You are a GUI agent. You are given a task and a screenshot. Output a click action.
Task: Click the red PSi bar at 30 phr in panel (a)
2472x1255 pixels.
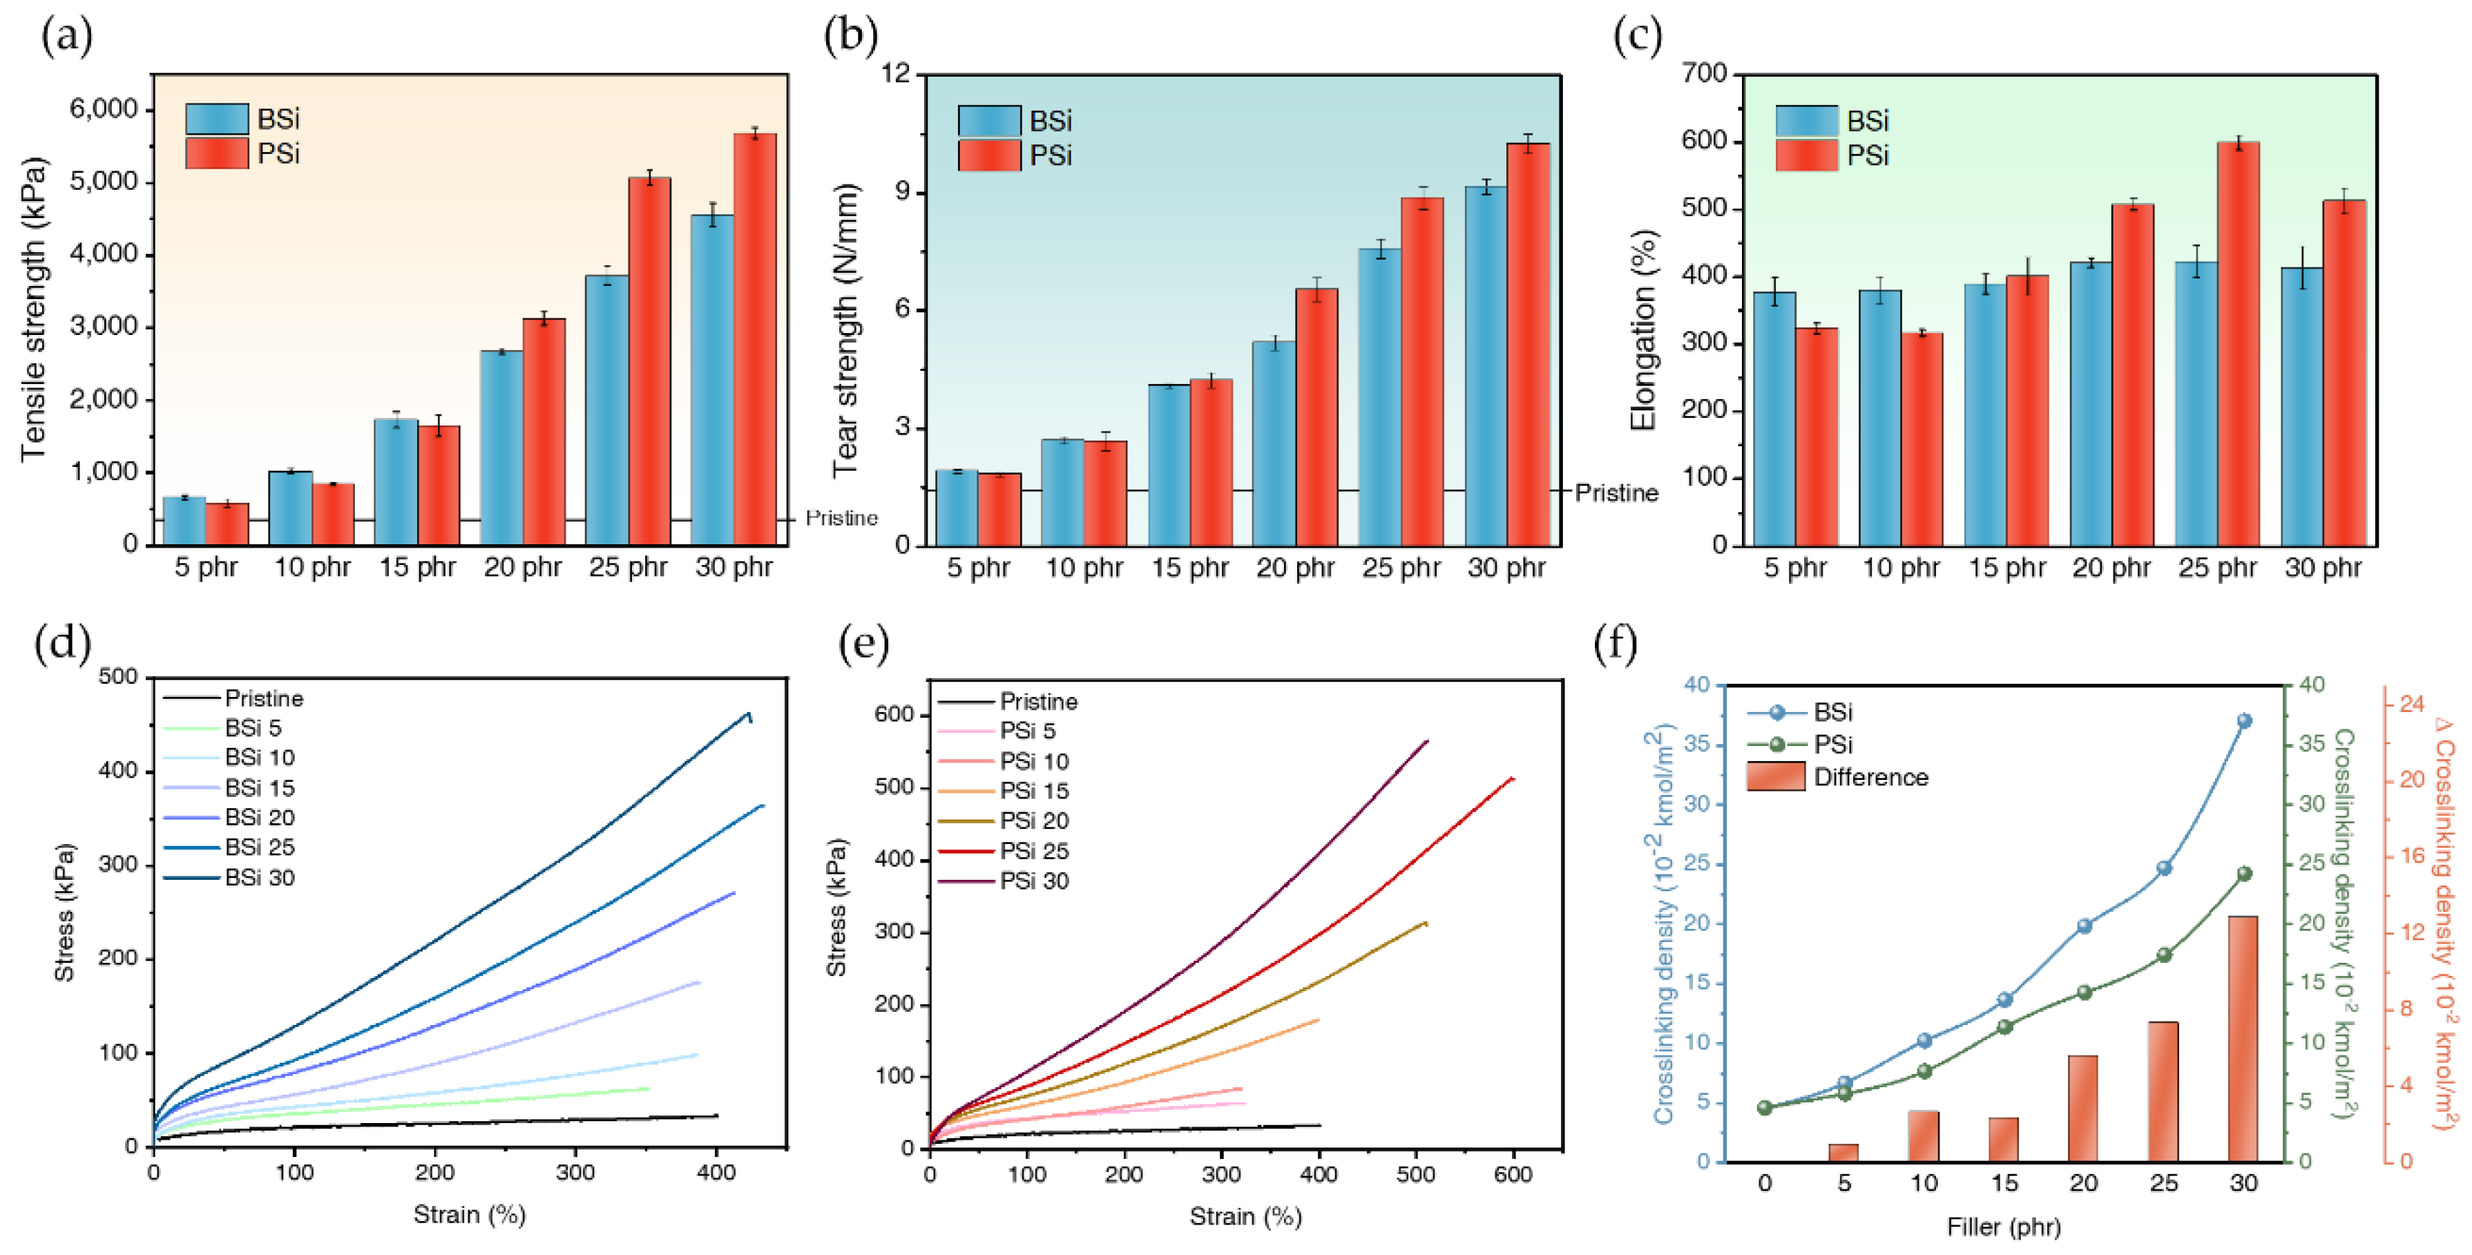[754, 341]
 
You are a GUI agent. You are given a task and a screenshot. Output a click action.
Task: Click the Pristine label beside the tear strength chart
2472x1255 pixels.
[1616, 493]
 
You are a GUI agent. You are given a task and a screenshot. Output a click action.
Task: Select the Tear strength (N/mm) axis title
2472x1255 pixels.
[845, 331]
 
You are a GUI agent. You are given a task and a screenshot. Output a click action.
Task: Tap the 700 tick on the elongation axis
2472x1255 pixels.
[1705, 74]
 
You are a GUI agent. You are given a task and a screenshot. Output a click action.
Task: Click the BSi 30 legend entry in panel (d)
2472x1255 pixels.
[259, 878]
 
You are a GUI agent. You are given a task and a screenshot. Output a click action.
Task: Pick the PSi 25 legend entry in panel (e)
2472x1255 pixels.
[1033, 851]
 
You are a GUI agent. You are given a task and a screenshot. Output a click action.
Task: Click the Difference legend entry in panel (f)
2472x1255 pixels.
[1869, 777]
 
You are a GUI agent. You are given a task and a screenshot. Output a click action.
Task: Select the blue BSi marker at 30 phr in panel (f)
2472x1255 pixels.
[2243, 720]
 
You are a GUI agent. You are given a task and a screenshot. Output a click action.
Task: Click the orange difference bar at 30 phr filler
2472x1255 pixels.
[2243, 1038]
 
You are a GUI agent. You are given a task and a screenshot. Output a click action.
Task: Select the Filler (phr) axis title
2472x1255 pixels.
[2003, 1226]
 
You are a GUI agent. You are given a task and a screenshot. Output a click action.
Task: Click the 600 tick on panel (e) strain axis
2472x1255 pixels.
[1513, 1173]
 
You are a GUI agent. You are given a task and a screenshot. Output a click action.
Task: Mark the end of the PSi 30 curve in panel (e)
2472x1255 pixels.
[1427, 740]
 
